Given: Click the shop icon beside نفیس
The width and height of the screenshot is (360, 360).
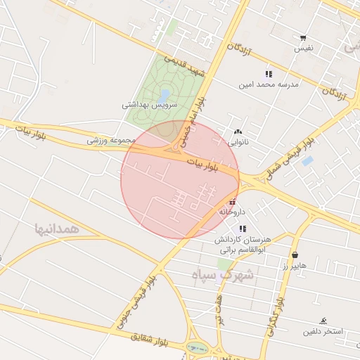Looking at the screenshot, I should (x=303, y=38).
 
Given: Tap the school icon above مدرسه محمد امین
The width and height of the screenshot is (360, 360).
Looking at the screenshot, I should (x=269, y=74).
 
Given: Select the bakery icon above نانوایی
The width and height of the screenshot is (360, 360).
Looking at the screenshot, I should (x=238, y=131).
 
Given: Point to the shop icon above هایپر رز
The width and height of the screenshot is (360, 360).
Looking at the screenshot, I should (x=295, y=255).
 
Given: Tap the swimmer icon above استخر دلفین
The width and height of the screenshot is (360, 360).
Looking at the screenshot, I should (x=323, y=321).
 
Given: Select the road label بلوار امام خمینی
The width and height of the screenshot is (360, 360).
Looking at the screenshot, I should (x=192, y=123).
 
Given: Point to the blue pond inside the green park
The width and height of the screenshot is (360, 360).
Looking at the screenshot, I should (x=165, y=94).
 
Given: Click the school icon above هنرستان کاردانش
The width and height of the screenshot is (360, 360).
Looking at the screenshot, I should (x=243, y=229).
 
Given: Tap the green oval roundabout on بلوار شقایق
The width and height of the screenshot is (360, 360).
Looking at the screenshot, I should (x=198, y=348).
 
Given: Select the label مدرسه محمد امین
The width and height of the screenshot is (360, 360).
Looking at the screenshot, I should (x=269, y=84).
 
